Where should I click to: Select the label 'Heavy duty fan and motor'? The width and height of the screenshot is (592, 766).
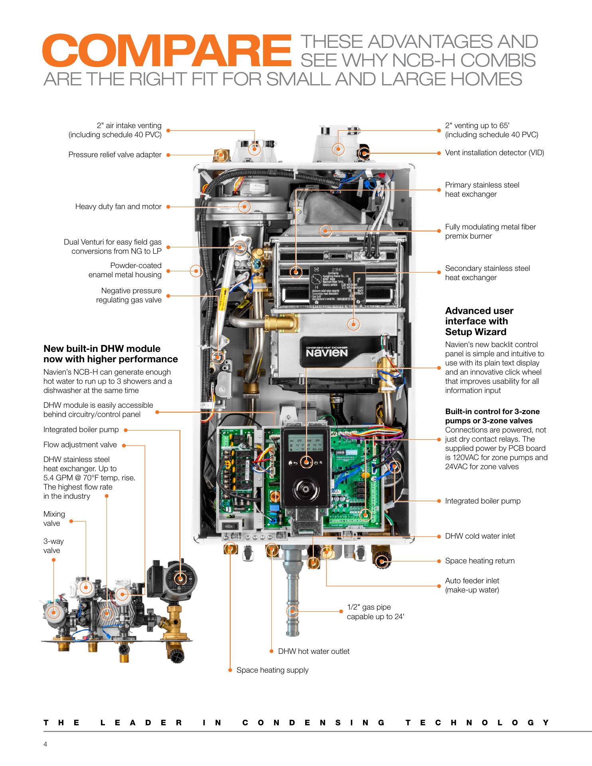118,207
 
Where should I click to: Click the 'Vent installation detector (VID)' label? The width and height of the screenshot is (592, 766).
494,153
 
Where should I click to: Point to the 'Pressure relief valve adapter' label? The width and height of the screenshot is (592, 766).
115,155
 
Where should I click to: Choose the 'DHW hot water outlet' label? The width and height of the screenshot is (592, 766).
314,651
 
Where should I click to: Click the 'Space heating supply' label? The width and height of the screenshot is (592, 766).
272,670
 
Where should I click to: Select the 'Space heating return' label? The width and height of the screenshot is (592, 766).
480,561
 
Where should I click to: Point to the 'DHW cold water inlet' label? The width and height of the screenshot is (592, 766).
480,536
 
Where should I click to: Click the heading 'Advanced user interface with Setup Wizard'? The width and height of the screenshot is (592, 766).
479,321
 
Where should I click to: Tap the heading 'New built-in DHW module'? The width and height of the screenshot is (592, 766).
111,354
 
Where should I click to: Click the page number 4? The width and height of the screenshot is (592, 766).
45,744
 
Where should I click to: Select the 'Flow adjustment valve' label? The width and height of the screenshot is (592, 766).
80,445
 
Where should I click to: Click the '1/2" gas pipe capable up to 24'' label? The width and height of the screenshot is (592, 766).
375,612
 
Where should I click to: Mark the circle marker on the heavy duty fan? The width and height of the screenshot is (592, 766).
245,207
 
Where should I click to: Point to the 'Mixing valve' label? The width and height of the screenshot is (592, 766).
54,519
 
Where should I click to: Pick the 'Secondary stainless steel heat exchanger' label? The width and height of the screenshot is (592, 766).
487,273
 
